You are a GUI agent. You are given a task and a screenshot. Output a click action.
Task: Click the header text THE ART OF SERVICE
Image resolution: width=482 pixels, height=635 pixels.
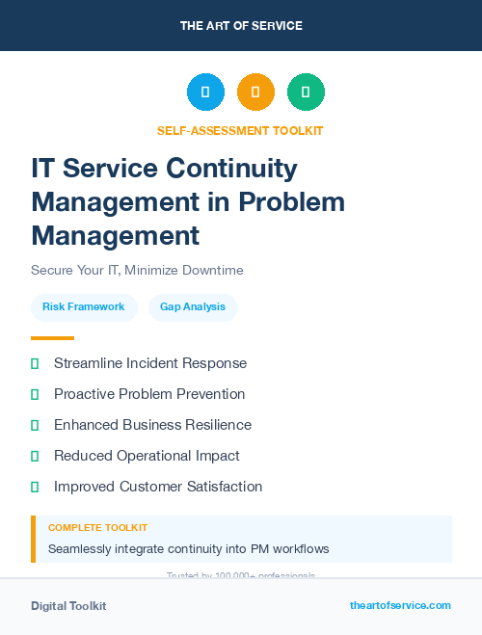coord(241,26)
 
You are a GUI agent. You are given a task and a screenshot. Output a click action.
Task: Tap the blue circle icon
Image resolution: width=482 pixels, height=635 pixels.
coord(205,93)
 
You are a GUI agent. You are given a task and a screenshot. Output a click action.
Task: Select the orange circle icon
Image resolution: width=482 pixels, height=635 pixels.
coord(255,93)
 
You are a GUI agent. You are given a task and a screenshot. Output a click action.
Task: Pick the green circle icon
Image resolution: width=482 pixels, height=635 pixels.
coord(306,93)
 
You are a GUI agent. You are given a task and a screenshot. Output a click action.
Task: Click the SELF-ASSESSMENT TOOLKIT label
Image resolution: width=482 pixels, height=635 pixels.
coord(240,130)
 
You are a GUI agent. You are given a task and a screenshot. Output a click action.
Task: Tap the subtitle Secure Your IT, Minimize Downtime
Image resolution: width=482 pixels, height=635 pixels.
coord(137,270)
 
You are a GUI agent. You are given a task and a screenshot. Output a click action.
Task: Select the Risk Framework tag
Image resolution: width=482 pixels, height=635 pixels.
coord(84,306)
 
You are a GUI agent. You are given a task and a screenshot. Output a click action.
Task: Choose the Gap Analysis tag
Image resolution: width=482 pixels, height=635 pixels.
coord(193,306)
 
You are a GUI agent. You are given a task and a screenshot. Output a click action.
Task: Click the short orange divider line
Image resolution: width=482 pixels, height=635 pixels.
coord(52,338)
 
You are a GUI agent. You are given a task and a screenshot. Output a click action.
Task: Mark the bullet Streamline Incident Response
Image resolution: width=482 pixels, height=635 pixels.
coord(150,363)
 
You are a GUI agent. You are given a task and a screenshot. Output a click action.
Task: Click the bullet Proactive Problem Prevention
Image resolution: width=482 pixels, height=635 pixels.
coord(149,394)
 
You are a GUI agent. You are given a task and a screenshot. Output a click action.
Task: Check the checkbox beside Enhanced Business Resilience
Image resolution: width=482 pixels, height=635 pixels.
coord(35,425)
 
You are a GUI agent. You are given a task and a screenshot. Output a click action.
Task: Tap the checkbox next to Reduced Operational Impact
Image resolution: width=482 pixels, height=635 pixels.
coord(35,456)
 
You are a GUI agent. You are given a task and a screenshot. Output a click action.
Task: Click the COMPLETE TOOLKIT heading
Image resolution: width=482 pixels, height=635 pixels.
coord(97,528)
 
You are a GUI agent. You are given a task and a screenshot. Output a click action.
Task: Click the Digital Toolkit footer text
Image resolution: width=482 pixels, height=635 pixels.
coord(68,606)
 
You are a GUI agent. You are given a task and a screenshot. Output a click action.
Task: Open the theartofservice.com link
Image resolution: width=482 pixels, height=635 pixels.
coord(400,605)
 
